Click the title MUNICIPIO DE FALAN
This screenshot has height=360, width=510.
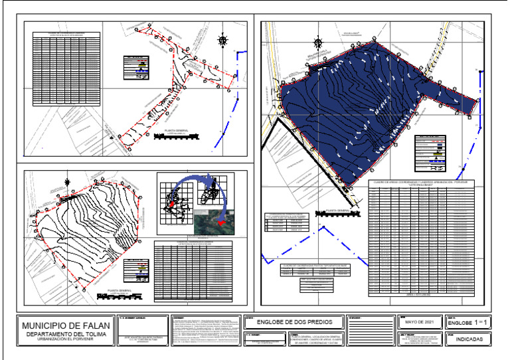pos(64,326)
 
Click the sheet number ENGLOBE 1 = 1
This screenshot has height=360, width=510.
pos(468,322)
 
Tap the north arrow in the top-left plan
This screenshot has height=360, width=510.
pos(223,41)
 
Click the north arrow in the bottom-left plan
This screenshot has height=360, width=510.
pos(67,182)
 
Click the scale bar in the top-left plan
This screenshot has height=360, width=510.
pos(176,137)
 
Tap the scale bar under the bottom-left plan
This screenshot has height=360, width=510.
pos(116,296)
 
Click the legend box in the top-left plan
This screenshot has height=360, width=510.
pos(136,68)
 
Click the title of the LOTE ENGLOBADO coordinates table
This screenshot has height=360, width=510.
pos(420,183)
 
